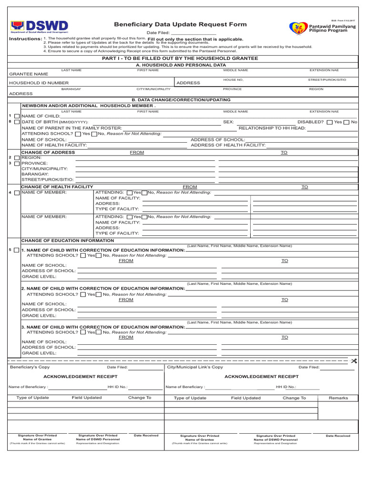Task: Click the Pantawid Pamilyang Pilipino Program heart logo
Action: coord(298,28)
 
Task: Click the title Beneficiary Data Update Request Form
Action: coord(180,24)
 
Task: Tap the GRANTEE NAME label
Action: coord(29,74)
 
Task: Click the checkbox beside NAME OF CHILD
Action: coord(17,117)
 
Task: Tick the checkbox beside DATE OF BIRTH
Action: coord(17,122)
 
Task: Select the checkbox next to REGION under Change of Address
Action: coord(17,157)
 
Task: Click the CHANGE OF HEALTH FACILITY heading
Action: coord(57,187)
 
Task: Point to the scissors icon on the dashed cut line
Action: coord(354,361)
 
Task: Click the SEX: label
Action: coord(228,122)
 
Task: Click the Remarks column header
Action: coord(338,398)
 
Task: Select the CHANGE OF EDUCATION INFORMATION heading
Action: coord(68,241)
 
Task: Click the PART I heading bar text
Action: coord(181,58)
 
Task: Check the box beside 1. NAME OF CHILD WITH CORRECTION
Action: coord(17,250)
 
